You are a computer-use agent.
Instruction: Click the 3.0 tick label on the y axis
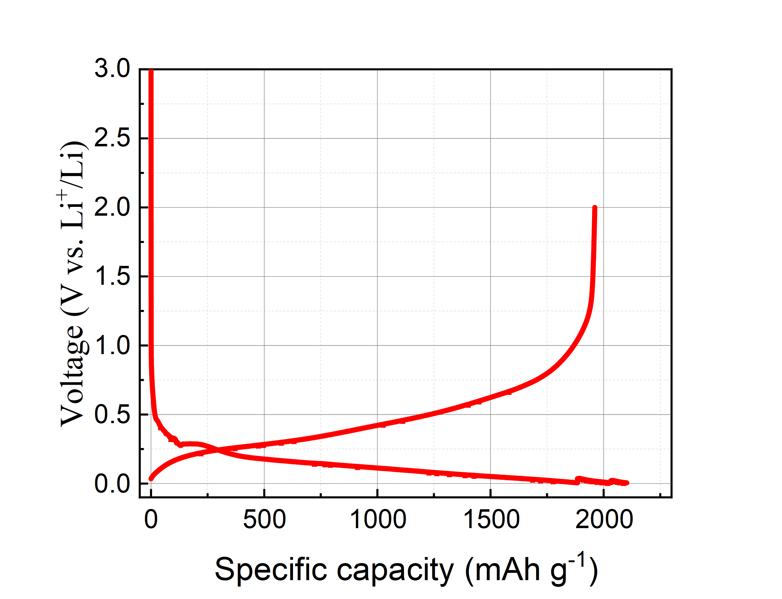coord(112,68)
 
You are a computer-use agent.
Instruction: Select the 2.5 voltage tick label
coord(112,138)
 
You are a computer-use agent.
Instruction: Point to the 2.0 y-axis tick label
coord(112,207)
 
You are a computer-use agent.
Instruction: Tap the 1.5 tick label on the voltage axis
coord(112,276)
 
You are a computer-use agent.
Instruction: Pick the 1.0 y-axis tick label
coord(112,346)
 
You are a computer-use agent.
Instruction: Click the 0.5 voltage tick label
coord(112,415)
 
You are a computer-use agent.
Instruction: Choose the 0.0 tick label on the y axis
coord(112,484)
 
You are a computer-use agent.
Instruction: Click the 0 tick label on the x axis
coord(151,520)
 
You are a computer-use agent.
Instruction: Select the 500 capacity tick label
coord(264,520)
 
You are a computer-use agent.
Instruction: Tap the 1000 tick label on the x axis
coord(378,520)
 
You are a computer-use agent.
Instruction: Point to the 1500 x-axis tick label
coord(491,520)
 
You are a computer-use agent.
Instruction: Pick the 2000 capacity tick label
coord(604,520)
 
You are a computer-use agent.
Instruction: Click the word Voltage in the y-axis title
coord(73,376)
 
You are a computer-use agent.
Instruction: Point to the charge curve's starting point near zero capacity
coord(151,479)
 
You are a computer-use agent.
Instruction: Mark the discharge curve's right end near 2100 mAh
coord(627,483)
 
